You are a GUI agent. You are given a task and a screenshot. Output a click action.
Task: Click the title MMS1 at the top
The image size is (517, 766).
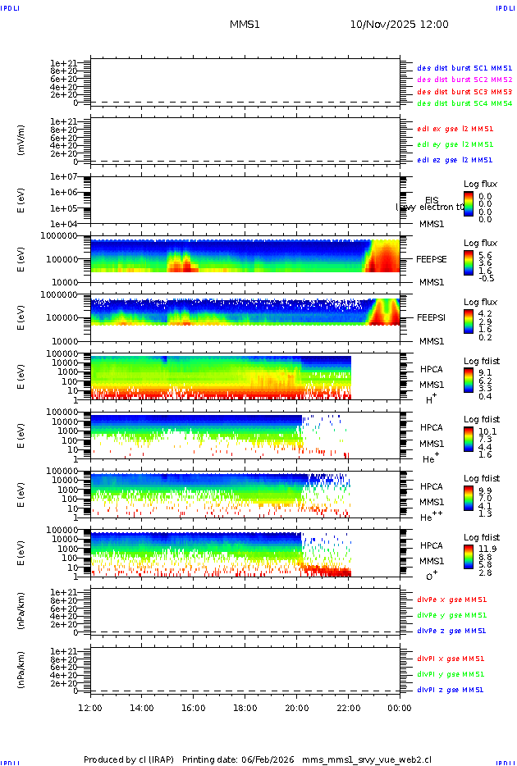(x=245, y=25)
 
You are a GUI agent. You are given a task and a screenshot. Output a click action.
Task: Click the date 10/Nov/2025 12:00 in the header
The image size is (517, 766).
(x=399, y=25)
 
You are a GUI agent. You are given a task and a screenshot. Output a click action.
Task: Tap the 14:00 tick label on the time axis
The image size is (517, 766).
(x=142, y=707)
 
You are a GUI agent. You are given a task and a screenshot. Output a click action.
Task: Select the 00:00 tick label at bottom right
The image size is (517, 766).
(x=400, y=707)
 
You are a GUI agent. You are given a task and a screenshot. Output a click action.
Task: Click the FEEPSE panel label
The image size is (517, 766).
(x=432, y=258)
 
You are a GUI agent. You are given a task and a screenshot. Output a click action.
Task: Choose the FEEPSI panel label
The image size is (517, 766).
(x=432, y=317)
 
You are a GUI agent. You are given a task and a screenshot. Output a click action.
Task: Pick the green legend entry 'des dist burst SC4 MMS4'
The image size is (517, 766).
(x=464, y=104)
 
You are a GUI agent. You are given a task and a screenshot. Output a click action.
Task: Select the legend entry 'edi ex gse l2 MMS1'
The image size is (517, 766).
(x=455, y=129)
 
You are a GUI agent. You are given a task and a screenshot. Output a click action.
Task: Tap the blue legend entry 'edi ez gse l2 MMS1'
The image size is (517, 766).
(x=455, y=160)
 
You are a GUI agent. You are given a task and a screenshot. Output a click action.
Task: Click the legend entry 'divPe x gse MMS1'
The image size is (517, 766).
(x=452, y=600)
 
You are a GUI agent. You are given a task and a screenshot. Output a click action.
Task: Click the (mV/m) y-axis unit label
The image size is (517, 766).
(x=21, y=140)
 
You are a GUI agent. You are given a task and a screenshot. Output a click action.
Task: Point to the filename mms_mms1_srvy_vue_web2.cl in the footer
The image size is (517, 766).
(x=367, y=759)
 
